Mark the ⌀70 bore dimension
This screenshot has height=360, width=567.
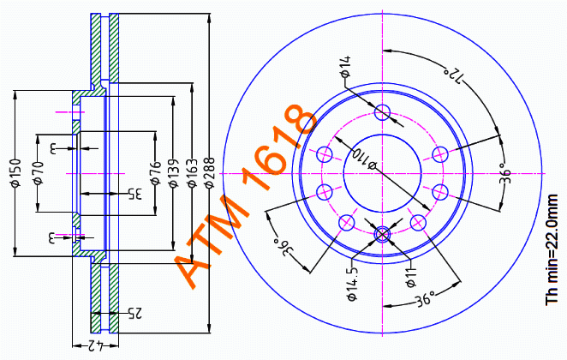(x=38, y=174)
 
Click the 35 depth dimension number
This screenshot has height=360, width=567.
(x=134, y=193)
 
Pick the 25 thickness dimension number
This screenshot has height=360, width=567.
(x=134, y=314)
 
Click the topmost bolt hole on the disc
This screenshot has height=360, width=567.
(x=383, y=111)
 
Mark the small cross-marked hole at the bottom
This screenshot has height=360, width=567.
(x=383, y=233)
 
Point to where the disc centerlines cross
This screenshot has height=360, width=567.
(x=383, y=172)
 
